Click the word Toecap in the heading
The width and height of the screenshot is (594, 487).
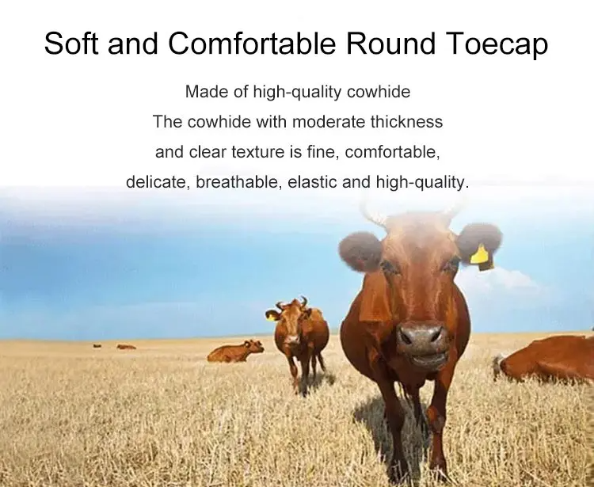497,44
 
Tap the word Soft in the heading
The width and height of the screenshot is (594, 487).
72,43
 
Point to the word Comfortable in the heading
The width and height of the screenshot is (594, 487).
252,43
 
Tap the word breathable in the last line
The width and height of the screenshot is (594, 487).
238,182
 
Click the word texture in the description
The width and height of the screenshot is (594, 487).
257,152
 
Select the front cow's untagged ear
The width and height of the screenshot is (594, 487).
360,252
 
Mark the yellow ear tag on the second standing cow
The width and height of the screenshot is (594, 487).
271,316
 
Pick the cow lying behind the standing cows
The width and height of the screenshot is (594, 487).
235,352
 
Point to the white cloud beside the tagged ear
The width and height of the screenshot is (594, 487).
508,280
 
